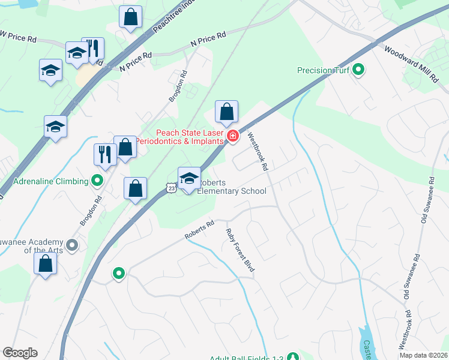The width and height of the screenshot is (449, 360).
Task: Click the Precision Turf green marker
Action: (358, 70)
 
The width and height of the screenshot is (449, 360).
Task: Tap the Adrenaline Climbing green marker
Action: (97, 180)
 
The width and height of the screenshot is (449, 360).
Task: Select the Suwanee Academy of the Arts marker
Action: (72, 244)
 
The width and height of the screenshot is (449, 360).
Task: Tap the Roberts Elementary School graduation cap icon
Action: (189, 178)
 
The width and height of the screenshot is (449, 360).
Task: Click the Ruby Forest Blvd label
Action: (240, 250)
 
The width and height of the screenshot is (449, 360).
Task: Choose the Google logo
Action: (20, 353)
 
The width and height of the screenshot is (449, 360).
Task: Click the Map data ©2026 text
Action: (423, 355)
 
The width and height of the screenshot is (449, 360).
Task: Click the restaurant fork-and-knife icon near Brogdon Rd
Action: (104, 154)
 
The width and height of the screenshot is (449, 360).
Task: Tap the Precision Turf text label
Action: (323, 70)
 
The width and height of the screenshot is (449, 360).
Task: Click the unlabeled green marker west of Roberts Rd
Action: (119, 274)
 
